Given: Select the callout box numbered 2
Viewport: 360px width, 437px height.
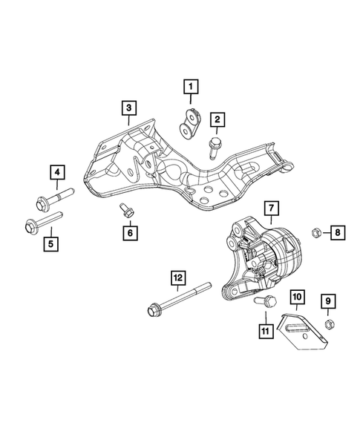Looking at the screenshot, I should click(x=218, y=119).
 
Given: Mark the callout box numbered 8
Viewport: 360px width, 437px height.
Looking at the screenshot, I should click(x=337, y=233).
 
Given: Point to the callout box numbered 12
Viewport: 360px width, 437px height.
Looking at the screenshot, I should click(x=177, y=278).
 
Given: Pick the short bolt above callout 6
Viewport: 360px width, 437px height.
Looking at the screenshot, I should click(x=126, y=211).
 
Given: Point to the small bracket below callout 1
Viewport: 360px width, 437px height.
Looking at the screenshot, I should click(x=192, y=121).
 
